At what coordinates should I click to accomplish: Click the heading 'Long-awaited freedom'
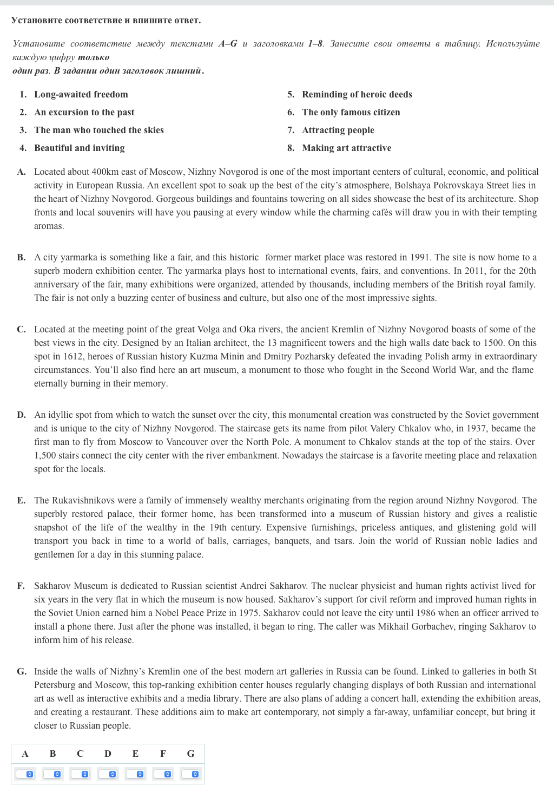[81, 94]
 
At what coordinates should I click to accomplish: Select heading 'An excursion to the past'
[84, 112]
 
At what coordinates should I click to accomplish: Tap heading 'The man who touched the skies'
[99, 130]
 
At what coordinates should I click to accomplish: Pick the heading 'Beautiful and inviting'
[80, 148]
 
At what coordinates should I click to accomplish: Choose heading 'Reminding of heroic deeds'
[357, 94]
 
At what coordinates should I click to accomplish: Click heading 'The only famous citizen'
[351, 112]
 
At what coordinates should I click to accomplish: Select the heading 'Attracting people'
[338, 130]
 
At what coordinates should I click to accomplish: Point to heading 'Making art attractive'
[347, 148]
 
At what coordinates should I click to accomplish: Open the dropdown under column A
[25, 774]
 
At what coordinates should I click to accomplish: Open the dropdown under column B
[52, 774]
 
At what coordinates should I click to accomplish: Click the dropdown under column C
[80, 774]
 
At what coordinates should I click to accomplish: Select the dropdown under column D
[108, 774]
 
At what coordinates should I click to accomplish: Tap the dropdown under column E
[135, 774]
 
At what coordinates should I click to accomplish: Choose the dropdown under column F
[163, 774]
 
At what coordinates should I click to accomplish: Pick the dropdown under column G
[190, 774]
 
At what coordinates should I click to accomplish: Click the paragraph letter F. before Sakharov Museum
[21, 586]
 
